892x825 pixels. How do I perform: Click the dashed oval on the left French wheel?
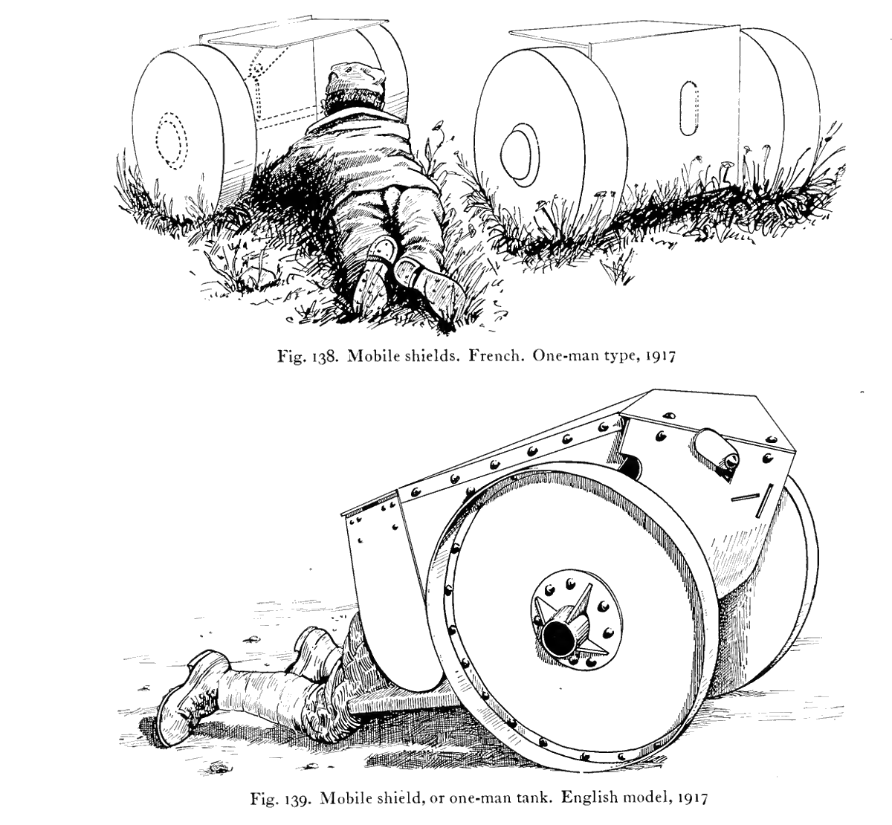(x=171, y=140)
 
